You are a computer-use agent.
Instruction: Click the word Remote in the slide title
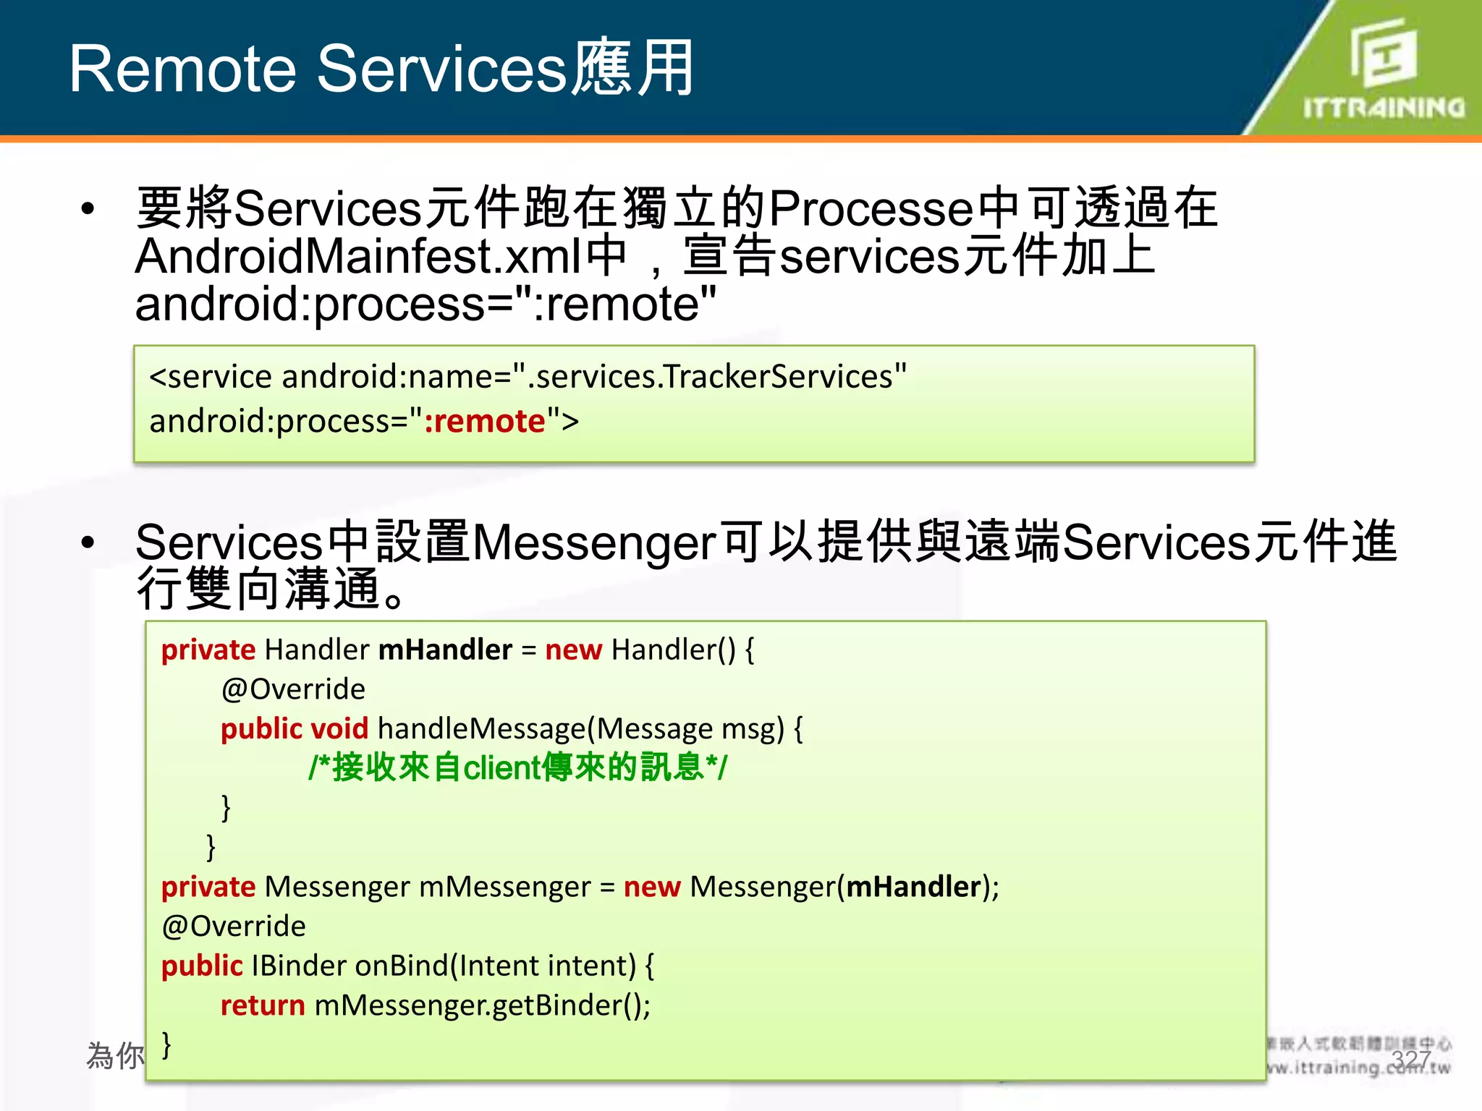click(x=182, y=69)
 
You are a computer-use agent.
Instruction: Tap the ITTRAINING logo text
click(x=1384, y=108)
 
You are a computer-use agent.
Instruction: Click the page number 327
click(x=1410, y=1060)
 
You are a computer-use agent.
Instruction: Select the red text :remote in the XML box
click(x=484, y=422)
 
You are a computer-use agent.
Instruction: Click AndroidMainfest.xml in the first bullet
click(x=359, y=257)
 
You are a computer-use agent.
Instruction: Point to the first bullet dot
click(x=88, y=210)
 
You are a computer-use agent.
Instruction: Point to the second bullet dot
click(x=88, y=542)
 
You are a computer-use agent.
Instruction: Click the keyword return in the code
click(x=263, y=1005)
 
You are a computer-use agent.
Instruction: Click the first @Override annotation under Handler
click(x=293, y=689)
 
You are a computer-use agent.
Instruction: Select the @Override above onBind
click(x=234, y=927)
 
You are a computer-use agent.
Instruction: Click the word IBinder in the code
click(x=298, y=966)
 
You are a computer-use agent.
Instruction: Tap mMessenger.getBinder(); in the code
click(x=483, y=1005)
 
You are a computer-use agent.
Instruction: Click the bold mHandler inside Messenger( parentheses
click(x=913, y=887)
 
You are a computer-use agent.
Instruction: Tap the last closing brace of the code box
click(x=167, y=1045)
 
